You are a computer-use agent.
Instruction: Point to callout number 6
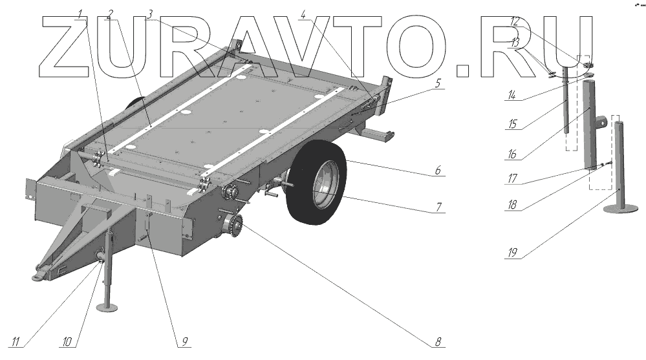pos(438,171)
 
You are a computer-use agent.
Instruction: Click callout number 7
pos(438,207)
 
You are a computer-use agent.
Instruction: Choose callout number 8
pos(438,341)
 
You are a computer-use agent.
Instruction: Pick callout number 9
pos(184,341)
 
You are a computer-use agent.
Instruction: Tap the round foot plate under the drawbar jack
pos(107,306)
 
